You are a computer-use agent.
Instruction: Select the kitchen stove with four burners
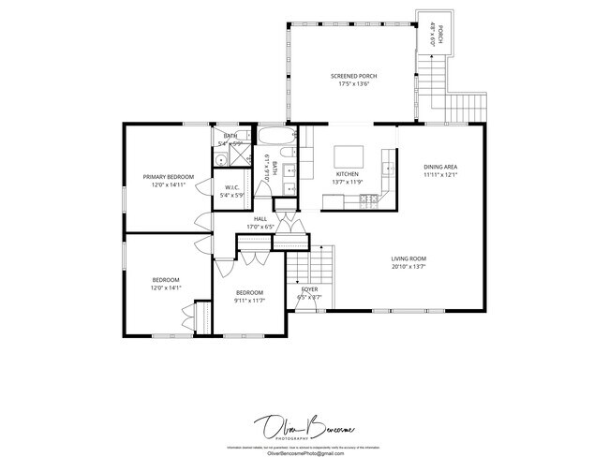tap(374, 199)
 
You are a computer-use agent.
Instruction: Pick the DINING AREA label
tap(439, 167)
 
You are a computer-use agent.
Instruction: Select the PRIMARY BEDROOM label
tap(168, 177)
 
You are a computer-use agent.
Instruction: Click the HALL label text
tap(260, 218)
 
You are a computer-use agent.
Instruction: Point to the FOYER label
tap(308, 289)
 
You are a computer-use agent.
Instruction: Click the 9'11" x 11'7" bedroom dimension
tap(249, 301)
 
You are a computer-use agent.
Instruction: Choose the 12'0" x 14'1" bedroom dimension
tap(166, 288)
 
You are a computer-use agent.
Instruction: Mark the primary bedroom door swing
tap(201, 223)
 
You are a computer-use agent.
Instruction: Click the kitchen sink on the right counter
tap(386, 168)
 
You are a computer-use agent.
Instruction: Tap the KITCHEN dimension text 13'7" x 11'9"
tap(348, 182)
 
